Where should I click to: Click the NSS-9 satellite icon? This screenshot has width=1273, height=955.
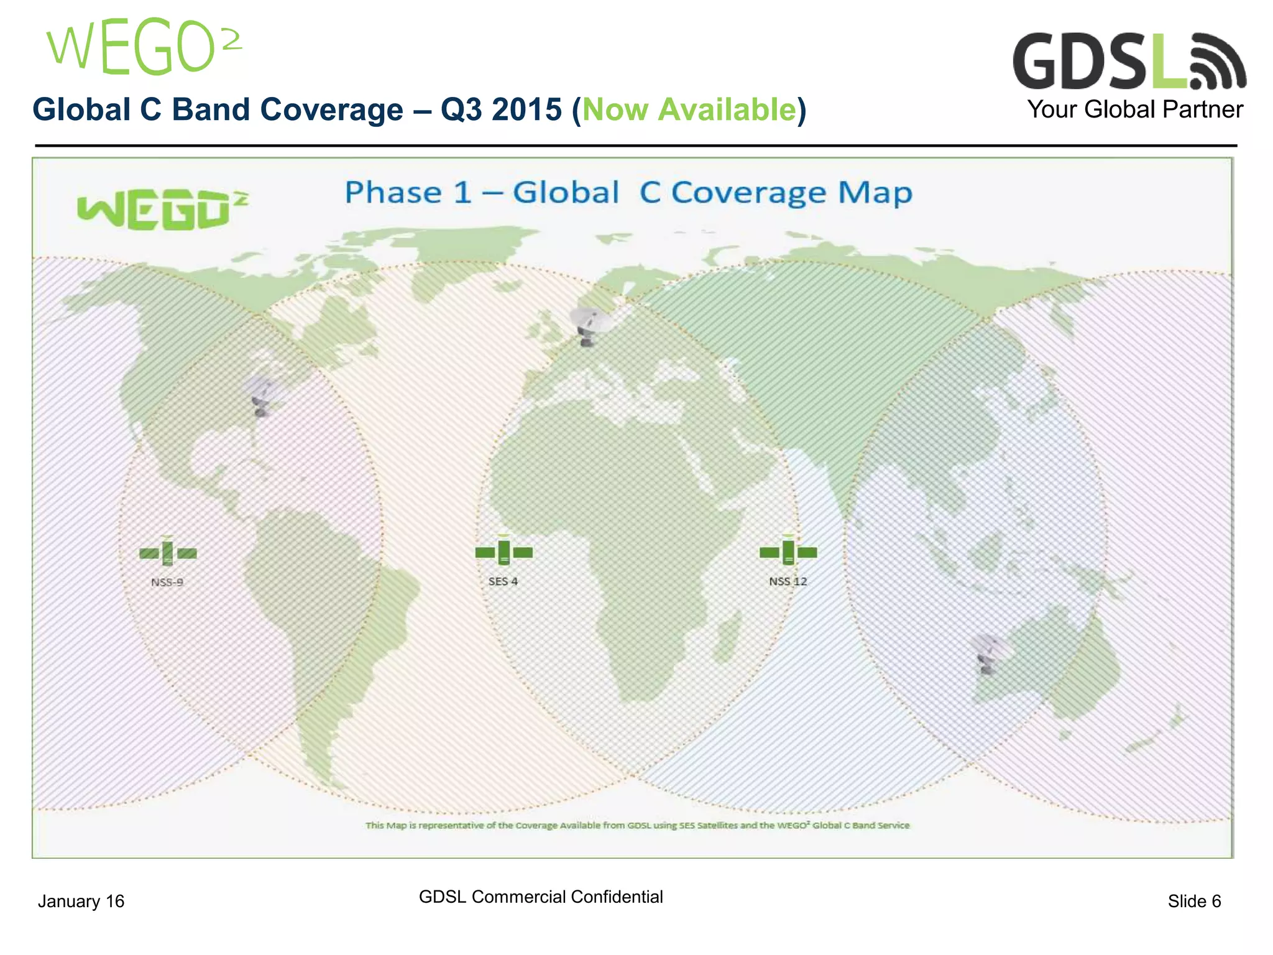coord(168,553)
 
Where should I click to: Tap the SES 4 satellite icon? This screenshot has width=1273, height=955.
coord(503,551)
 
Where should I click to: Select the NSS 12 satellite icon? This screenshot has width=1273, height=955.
coord(788,551)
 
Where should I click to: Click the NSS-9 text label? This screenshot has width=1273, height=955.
coord(167,583)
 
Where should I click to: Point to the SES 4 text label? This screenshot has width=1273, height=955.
coord(503,581)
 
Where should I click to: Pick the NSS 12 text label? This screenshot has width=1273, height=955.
coord(788,581)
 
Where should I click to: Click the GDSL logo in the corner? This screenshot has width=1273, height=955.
coord(1128,62)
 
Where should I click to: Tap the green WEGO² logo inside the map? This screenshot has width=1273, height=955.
coord(162,210)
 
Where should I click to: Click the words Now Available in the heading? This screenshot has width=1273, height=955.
coord(689,110)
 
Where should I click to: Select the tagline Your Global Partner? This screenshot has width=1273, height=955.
coord(1134,109)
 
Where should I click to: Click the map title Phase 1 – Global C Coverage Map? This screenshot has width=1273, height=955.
coord(628,193)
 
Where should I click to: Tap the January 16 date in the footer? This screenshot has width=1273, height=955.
coord(81,901)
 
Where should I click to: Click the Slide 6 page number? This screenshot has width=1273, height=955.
coord(1194,901)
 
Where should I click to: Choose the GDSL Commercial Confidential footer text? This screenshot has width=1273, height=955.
coord(541,897)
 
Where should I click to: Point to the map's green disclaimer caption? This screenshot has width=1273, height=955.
coord(637,826)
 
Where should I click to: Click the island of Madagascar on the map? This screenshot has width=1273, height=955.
coord(725,637)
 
